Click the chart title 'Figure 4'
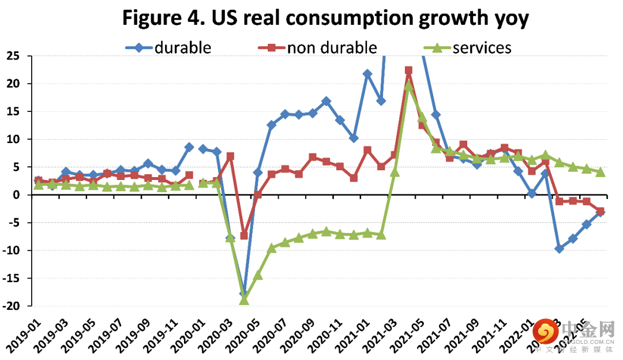325,19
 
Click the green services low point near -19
244,300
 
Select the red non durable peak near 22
408,70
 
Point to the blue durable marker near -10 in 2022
559,249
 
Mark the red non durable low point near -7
244,235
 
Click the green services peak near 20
408,85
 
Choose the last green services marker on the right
600,172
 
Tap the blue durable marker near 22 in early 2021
367,74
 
